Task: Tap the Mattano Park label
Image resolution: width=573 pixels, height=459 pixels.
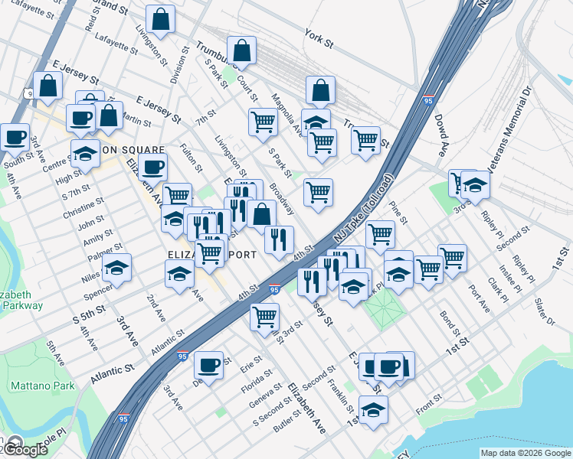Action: pos(42,386)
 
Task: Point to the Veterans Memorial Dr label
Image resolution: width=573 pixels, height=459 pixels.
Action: pos(513,130)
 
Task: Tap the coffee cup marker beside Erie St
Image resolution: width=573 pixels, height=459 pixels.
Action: pos(208,365)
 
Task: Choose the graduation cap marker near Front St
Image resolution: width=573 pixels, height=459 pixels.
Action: pos(373,409)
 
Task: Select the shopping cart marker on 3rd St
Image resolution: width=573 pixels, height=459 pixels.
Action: pos(264,314)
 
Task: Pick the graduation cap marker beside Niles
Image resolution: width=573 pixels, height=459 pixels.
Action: pos(116,267)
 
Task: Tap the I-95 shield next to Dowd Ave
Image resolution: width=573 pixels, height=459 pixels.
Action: pos(430,100)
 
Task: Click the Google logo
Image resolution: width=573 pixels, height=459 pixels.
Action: pos(25,449)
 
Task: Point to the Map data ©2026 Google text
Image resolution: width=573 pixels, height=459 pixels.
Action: pos(526,453)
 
